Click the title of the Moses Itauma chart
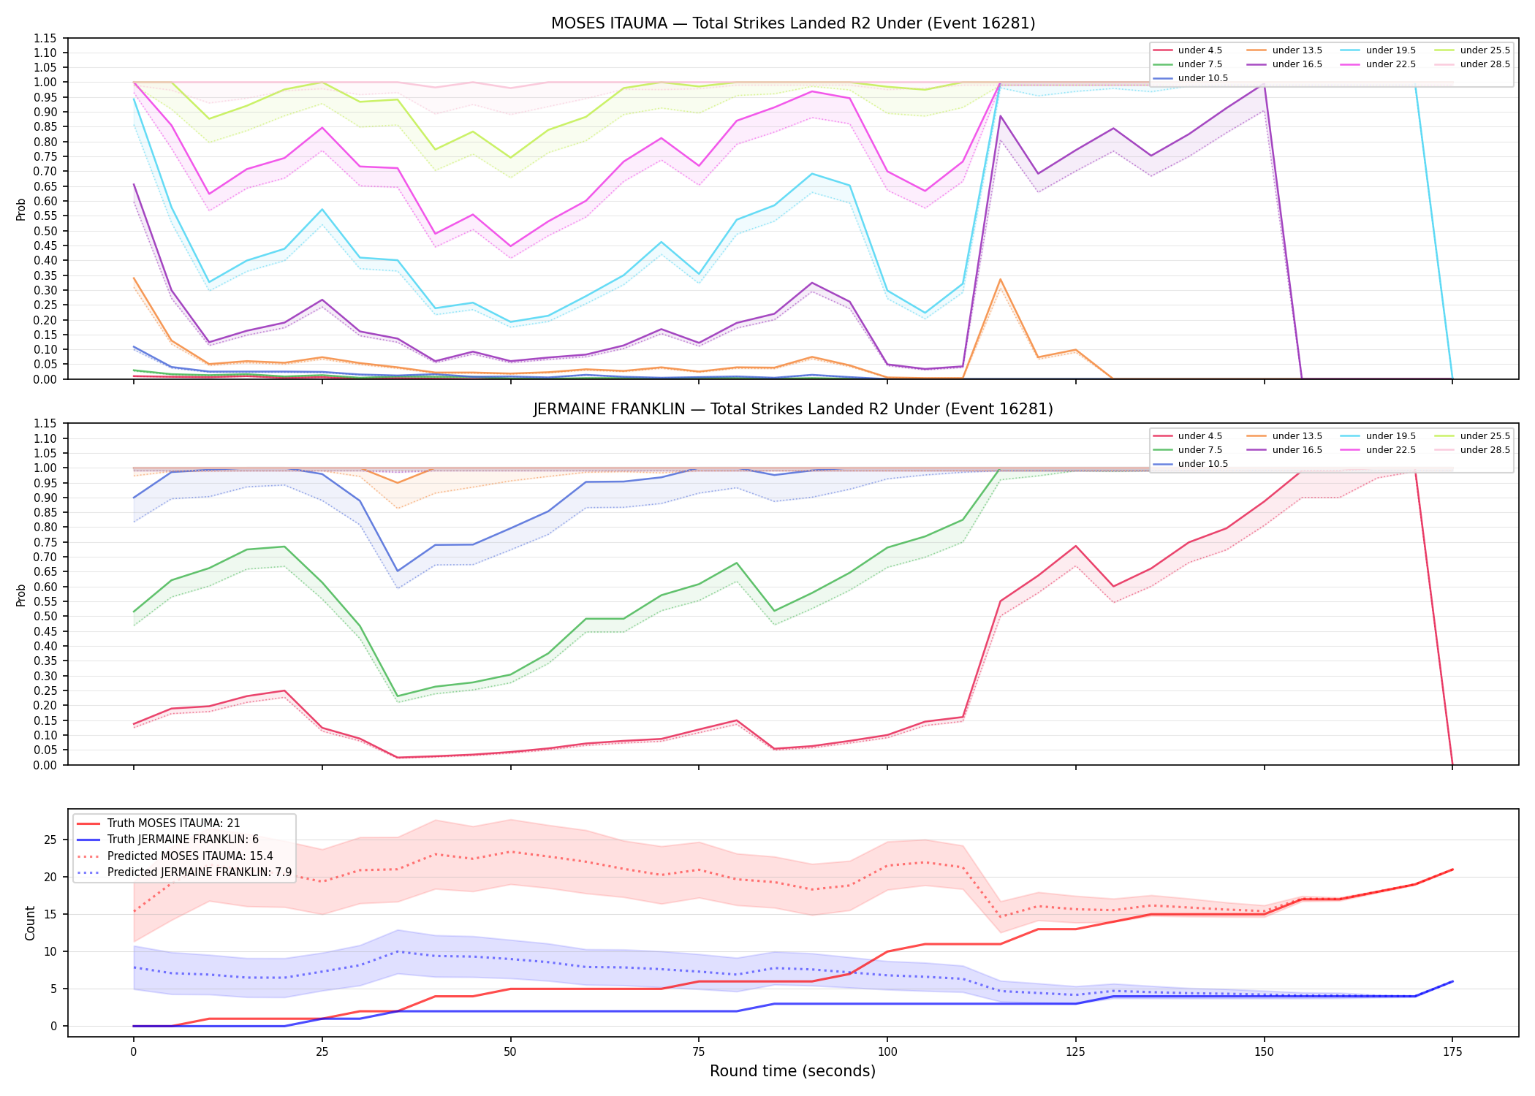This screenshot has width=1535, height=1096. [793, 23]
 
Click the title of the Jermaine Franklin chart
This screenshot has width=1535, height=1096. [793, 409]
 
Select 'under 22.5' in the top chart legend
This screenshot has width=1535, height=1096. [1390, 64]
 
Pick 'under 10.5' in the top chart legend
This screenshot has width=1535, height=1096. [1202, 78]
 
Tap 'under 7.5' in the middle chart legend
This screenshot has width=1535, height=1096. [1199, 450]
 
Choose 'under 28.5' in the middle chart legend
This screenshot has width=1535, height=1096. [1485, 450]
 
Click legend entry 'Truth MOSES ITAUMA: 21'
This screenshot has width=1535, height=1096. [173, 823]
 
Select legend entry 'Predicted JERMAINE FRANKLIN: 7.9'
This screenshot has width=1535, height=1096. [200, 872]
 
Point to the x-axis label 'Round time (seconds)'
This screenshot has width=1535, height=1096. [792, 1071]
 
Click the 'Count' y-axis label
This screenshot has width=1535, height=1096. [30, 923]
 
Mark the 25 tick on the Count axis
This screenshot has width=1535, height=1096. [50, 840]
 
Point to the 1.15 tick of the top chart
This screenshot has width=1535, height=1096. [45, 38]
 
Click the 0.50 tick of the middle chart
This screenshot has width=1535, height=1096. [45, 616]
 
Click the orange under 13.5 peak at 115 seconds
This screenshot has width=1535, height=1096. [1000, 279]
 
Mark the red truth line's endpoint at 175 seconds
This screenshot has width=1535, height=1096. [1452, 869]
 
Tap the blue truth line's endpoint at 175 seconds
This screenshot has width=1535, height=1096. [1452, 981]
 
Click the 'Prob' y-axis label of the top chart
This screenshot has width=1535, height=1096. [21, 210]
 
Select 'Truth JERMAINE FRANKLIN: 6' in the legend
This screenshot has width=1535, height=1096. [183, 840]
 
